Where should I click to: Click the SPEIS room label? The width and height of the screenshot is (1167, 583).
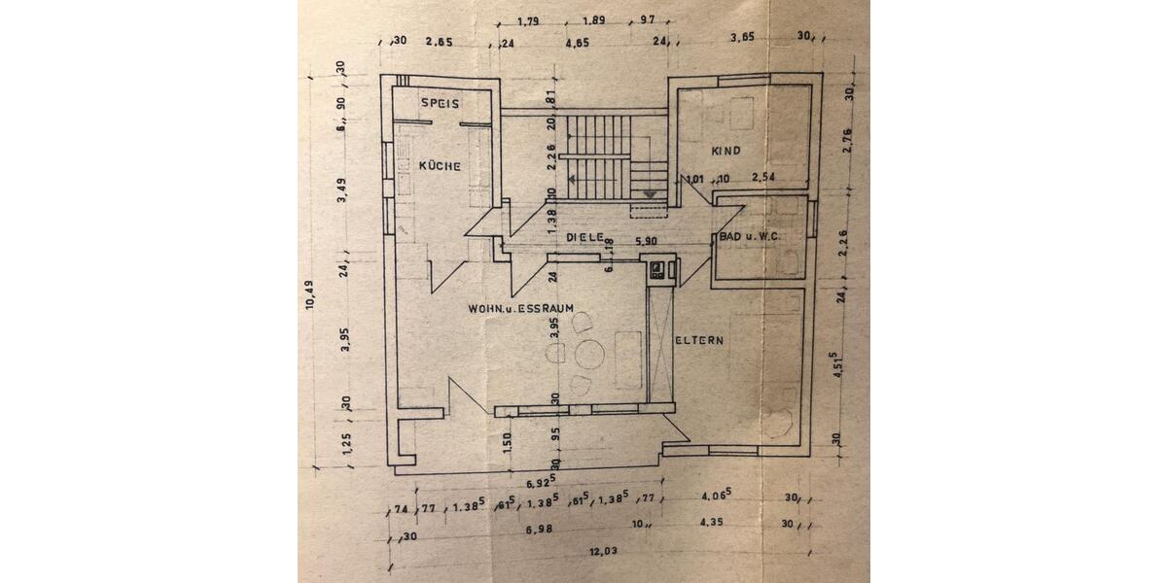pos(440,103)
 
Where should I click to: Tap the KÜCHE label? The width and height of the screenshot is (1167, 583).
pos(440,166)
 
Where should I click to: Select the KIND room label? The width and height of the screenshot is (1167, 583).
pos(725,151)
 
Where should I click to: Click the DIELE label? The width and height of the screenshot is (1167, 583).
pos(585,237)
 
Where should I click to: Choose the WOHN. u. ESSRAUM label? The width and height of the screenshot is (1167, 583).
pos(520,308)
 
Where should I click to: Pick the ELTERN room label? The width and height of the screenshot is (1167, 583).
pos(701,340)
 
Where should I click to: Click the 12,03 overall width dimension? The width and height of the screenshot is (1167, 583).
pos(603,551)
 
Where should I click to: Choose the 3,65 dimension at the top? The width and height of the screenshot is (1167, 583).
pos(743,38)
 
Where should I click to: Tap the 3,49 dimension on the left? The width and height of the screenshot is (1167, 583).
pos(343,194)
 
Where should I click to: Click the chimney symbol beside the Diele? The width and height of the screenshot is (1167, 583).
pos(658,268)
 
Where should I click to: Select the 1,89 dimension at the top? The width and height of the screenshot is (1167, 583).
pos(594,20)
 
